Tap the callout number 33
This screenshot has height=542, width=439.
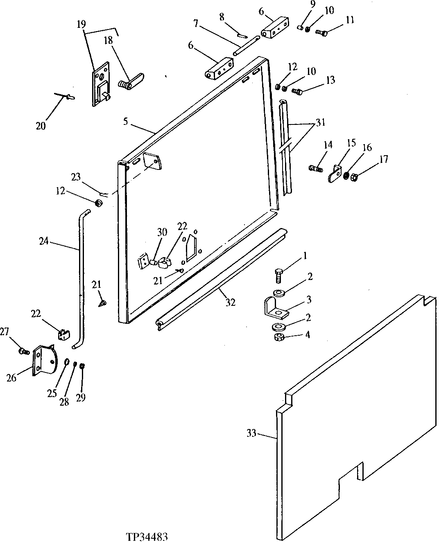point(251,433)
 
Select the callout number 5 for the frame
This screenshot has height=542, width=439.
point(126,122)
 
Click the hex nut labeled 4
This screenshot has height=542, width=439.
point(279,337)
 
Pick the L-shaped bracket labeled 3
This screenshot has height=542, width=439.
point(276,308)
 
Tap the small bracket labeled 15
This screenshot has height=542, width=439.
point(335,173)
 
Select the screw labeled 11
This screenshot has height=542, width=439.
point(321,33)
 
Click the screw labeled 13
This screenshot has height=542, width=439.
point(297,91)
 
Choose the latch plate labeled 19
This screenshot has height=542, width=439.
point(101,84)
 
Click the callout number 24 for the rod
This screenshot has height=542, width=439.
point(44,241)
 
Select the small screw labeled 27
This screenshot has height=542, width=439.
point(24,351)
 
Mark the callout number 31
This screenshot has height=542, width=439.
point(320,123)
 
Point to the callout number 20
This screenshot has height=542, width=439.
point(41,126)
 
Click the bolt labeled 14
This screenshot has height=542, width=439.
point(316,168)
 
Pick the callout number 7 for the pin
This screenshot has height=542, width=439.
point(196,23)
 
